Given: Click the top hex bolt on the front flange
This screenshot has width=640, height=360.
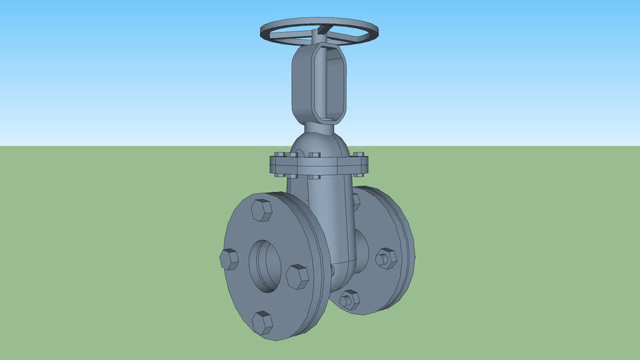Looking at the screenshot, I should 262,210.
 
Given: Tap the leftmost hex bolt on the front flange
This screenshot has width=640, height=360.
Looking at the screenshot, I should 229,259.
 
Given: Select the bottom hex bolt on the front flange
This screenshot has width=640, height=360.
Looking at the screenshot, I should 262,323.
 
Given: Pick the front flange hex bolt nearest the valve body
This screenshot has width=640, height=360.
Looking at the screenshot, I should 297,276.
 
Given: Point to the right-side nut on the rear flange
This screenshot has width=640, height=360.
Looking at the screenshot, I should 385,258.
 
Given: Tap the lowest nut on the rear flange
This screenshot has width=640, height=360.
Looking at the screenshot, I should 349,300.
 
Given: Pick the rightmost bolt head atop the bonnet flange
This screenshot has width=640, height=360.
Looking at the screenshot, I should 359,155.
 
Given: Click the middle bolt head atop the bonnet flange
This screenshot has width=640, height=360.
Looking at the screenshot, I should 314,155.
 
